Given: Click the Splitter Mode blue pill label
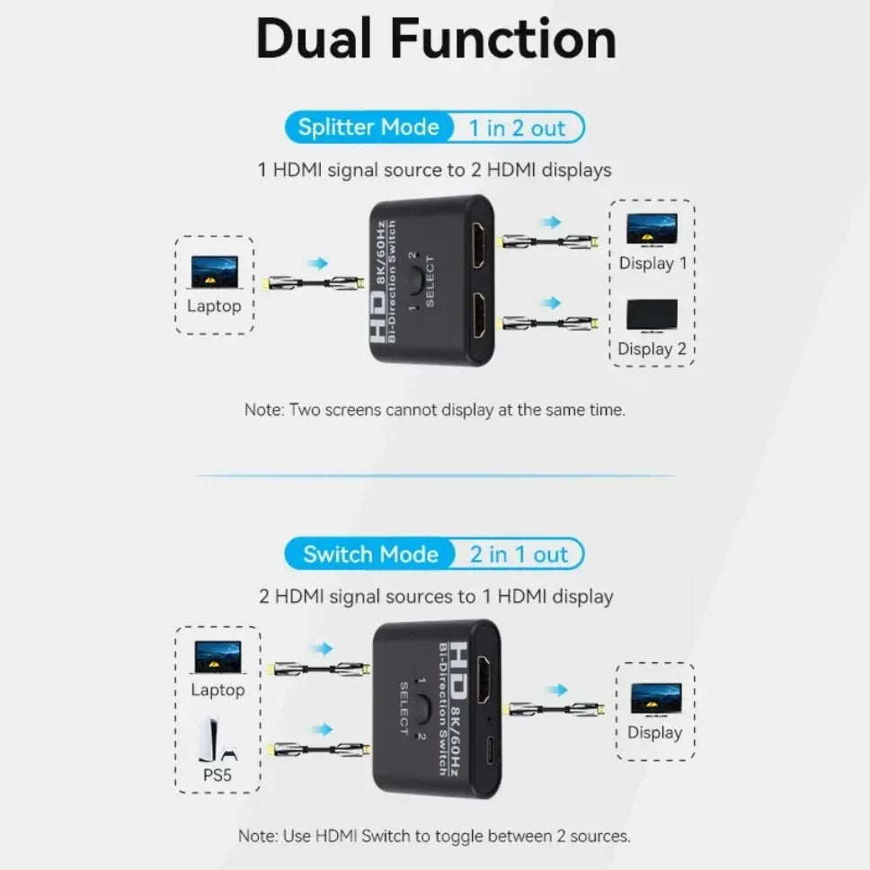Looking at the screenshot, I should [x=368, y=128].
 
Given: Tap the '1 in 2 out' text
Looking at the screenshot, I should [x=517, y=129].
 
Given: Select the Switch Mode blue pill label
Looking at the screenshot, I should [x=369, y=554].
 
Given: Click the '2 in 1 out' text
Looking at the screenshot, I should [x=519, y=555].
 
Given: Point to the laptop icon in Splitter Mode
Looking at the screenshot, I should [x=214, y=271].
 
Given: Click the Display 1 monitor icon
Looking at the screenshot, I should [x=652, y=229].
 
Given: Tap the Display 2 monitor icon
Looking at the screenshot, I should [x=652, y=315].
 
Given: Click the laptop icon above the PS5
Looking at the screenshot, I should [x=217, y=657].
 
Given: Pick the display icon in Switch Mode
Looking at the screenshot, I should [x=655, y=698].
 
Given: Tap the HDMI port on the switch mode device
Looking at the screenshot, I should [x=484, y=681].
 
